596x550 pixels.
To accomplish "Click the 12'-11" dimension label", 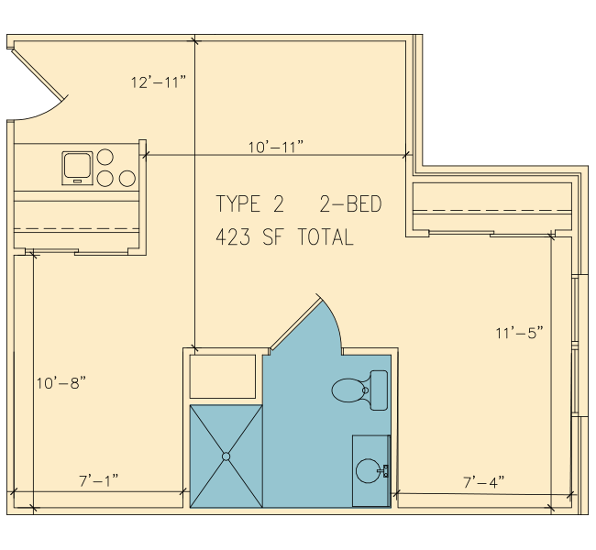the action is click(x=159, y=82).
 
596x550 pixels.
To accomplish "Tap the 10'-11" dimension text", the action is click(x=276, y=147).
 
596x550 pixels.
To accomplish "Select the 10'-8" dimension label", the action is click(x=61, y=383).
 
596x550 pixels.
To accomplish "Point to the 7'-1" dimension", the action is click(x=99, y=480).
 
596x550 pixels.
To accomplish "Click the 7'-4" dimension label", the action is click(x=484, y=482).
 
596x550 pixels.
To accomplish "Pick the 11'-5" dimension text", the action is click(x=520, y=333).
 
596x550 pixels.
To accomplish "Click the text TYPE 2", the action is click(x=249, y=203).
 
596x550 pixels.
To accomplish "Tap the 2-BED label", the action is click(x=350, y=203).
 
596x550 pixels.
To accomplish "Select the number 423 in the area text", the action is click(x=233, y=237).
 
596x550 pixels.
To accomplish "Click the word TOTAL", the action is click(x=326, y=237).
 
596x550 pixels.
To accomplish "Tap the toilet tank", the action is click(x=379, y=390).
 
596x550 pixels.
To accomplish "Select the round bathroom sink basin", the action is click(x=369, y=471).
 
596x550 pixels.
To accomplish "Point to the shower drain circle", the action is click(x=226, y=456).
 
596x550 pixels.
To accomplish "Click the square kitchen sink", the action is click(x=78, y=168).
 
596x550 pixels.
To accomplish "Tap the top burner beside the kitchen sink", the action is click(x=105, y=157).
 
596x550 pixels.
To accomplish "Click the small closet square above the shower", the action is click(x=223, y=377).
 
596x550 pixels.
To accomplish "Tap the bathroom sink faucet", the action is click(x=384, y=470).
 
